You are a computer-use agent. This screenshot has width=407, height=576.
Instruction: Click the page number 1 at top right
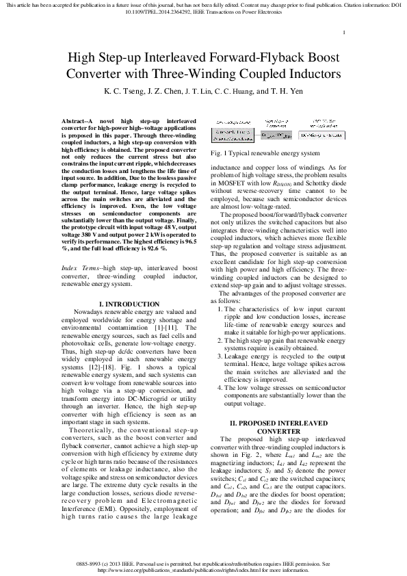[344, 32]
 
